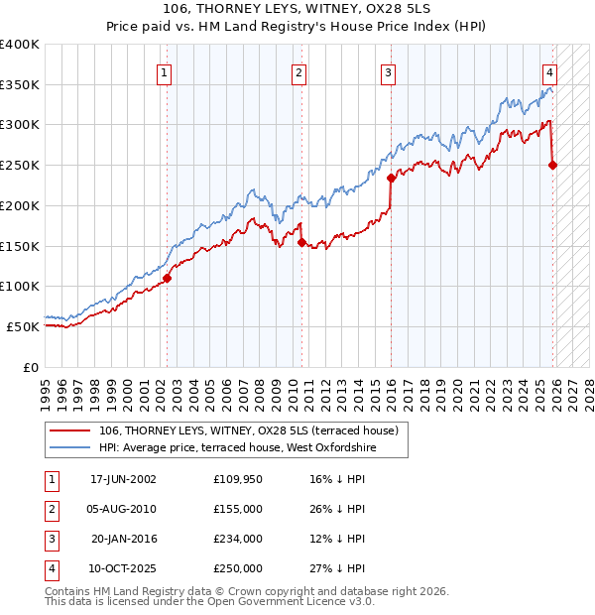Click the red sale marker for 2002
pos(167,279)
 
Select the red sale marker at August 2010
pos(301,241)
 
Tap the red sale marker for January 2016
pos(391,179)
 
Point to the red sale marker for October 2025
pos(552,165)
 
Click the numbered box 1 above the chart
pos(164,71)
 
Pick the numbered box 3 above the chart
pos(388,71)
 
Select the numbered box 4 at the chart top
pos(548,71)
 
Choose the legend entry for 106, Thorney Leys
pos(248,430)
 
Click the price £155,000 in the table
pos(237,509)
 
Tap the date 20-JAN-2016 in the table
pos(123,539)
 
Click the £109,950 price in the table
pos(237,479)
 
